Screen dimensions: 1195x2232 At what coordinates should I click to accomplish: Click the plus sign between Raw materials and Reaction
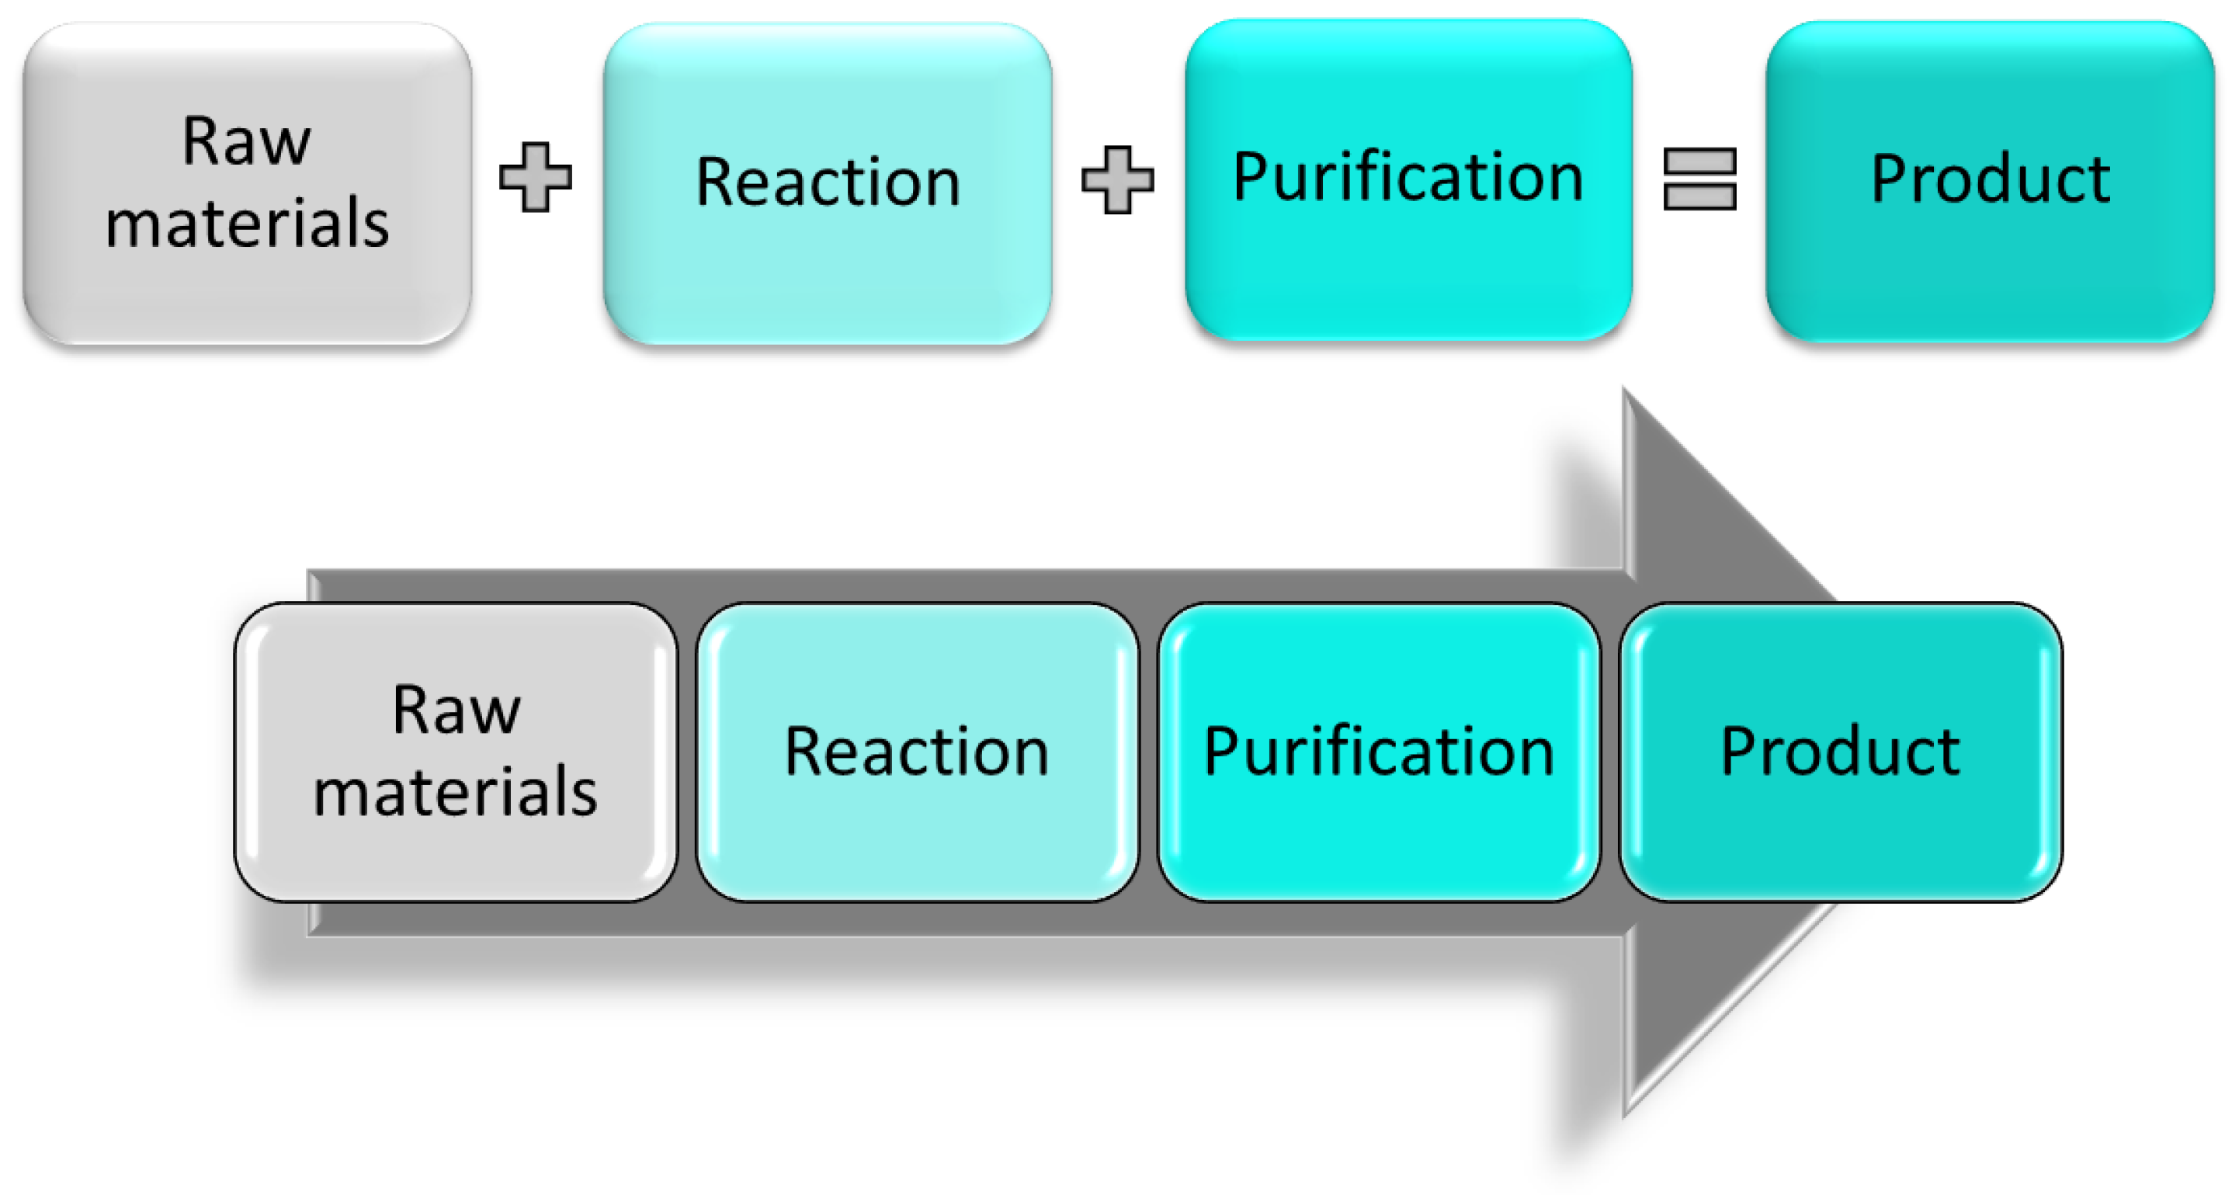[x=536, y=177]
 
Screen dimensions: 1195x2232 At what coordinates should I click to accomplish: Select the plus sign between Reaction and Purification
[x=1118, y=179]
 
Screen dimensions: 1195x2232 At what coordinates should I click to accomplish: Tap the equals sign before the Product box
[x=1700, y=179]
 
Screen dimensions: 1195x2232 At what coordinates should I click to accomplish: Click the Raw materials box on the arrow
[x=455, y=858]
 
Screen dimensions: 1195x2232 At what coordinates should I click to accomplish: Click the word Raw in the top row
[x=246, y=141]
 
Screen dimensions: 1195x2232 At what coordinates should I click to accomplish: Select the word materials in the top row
[x=247, y=223]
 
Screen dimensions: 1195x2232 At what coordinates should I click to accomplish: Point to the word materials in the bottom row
[x=455, y=792]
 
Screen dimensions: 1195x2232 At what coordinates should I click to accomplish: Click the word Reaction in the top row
[x=828, y=182]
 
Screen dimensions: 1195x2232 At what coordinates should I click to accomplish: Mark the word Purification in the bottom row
[x=1379, y=752]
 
